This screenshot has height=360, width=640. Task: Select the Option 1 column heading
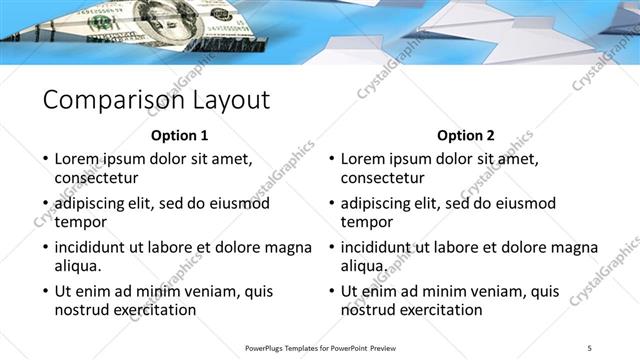(180, 135)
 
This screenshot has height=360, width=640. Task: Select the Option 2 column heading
(466, 135)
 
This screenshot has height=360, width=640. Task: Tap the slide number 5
(590, 346)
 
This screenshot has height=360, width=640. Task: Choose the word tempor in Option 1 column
(80, 222)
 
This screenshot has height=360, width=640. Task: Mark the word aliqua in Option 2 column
(364, 267)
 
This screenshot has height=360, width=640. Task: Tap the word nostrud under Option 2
(369, 311)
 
